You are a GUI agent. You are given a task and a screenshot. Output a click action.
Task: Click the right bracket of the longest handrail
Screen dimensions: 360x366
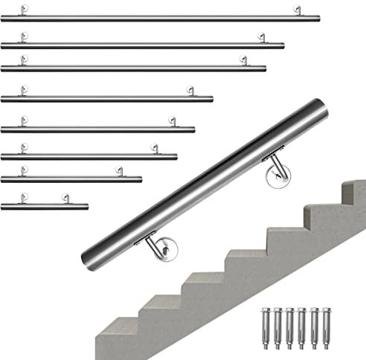298,11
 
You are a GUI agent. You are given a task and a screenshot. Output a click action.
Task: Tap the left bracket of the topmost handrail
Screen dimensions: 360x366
25,11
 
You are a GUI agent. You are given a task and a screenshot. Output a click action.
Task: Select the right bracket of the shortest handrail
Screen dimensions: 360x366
65,199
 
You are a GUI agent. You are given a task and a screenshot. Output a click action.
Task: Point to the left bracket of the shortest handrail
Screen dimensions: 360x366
25,199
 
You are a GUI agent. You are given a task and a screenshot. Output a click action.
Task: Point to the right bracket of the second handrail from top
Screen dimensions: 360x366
261,38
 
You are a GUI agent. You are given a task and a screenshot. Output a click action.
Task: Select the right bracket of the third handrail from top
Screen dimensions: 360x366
243,61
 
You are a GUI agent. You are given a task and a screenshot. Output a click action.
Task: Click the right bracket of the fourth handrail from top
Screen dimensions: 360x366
190,91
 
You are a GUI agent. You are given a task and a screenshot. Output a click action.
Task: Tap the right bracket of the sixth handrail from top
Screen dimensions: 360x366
154,149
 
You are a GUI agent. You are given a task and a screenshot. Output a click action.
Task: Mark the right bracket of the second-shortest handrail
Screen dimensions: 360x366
118,172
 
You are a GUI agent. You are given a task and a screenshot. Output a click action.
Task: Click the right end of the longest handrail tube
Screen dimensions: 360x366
318,18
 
